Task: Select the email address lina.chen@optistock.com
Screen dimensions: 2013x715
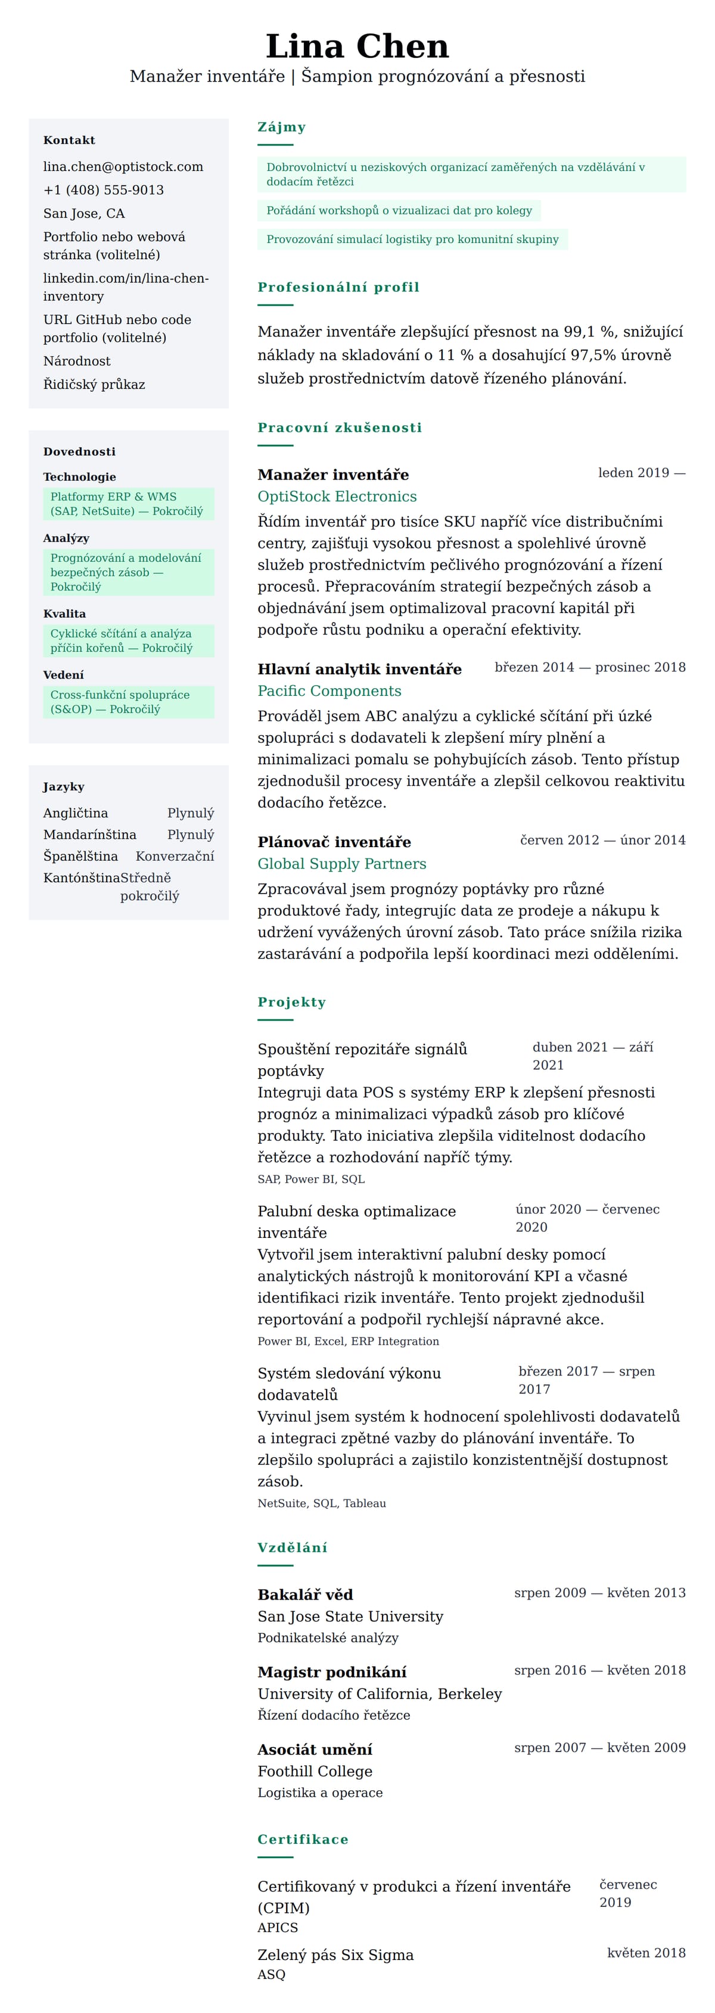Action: [123, 166]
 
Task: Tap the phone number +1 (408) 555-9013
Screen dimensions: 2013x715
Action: [103, 190]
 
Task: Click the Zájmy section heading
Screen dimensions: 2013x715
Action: [281, 127]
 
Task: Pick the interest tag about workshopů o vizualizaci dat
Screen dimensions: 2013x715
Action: [399, 210]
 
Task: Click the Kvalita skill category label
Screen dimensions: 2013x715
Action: [64, 614]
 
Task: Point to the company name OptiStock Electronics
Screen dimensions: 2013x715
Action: [337, 496]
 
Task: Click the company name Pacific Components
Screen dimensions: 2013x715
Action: [329, 691]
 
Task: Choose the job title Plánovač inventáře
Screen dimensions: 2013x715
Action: [334, 842]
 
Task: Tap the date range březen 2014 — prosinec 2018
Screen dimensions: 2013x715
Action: [589, 667]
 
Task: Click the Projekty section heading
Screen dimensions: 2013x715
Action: [291, 1002]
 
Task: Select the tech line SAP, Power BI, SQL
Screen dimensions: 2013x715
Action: [311, 1179]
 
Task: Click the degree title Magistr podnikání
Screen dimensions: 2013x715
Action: [331, 1672]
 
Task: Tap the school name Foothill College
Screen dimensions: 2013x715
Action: [315, 1772]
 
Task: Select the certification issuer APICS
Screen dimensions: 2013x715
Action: [278, 1927]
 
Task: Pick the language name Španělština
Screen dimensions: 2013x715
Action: [80, 857]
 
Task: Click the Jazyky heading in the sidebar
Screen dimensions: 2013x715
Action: [63, 787]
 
